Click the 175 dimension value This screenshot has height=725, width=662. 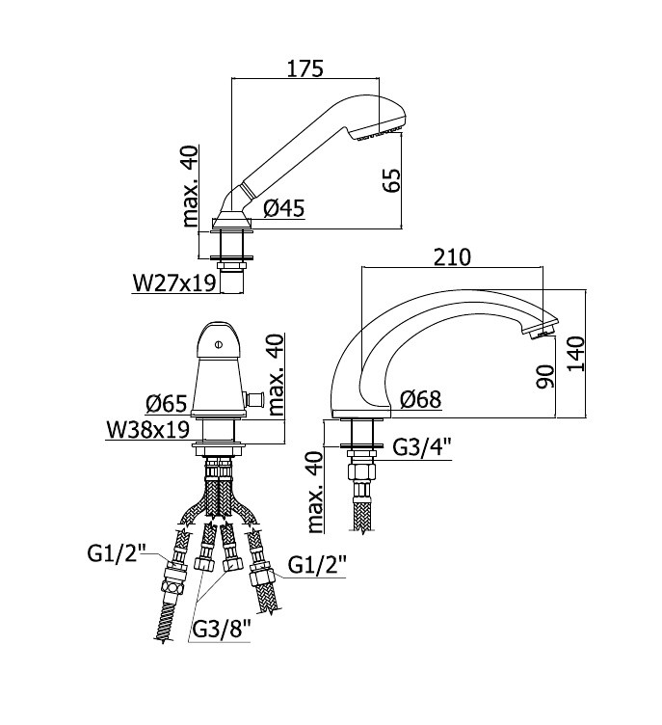(305, 68)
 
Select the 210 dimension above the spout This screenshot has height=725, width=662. (452, 257)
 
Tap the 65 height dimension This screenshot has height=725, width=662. (390, 180)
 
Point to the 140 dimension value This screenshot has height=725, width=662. (576, 353)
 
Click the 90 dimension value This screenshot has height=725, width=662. (545, 376)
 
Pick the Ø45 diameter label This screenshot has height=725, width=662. (284, 208)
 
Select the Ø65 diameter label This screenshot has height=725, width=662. (167, 404)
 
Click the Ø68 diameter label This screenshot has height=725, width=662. (421, 399)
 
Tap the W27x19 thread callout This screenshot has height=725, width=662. (174, 283)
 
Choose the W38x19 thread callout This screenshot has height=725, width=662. (148, 430)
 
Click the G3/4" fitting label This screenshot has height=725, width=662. (422, 447)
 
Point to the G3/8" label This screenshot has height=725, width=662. (221, 629)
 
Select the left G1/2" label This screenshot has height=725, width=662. (117, 553)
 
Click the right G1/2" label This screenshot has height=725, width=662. (317, 565)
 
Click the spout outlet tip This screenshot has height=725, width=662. (542, 332)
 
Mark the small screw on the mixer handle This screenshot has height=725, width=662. (219, 344)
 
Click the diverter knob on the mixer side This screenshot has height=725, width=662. (254, 397)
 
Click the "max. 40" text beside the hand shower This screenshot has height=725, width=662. (190, 186)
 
